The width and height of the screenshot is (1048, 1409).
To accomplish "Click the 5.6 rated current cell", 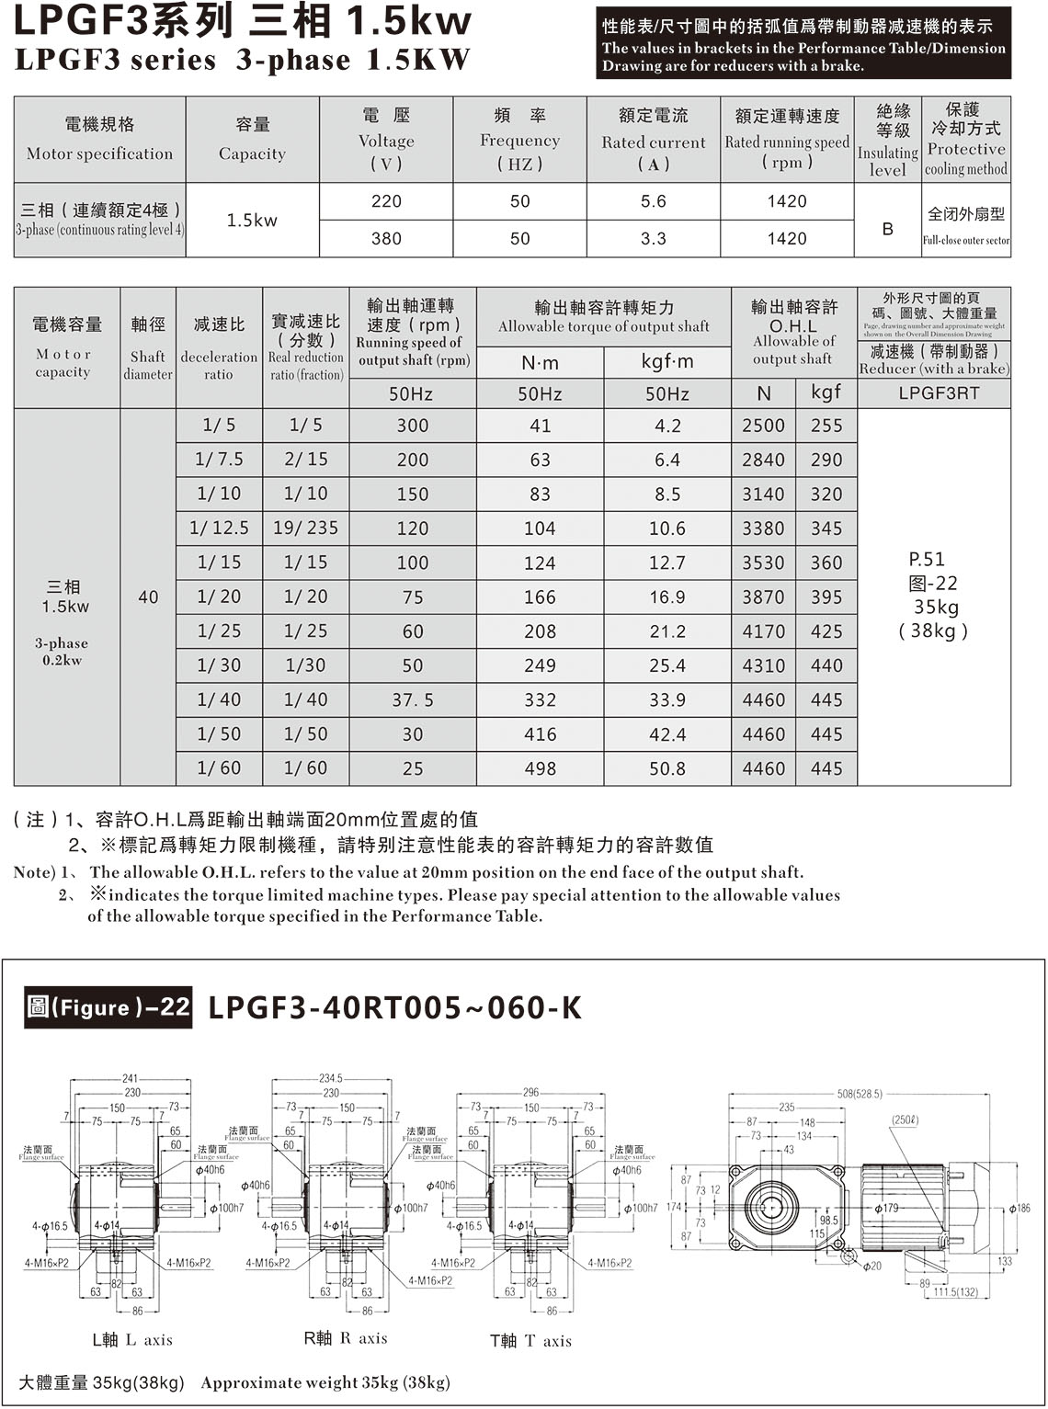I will [653, 201].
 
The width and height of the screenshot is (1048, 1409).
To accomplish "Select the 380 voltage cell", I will [386, 238].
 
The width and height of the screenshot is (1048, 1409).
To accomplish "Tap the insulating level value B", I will [887, 229].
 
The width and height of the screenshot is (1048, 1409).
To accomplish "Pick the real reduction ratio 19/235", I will [305, 528].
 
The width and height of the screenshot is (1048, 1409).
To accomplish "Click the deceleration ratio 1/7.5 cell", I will [219, 459].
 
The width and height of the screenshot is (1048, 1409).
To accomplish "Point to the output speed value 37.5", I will [413, 700].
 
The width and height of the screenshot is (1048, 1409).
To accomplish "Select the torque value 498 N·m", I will [540, 768].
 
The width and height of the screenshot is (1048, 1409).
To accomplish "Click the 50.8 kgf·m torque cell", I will [667, 768].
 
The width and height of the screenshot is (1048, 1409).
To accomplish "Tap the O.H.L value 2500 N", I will [763, 426].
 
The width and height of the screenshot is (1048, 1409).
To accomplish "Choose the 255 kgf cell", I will [826, 426].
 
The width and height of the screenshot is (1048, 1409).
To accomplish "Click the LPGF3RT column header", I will [934, 393].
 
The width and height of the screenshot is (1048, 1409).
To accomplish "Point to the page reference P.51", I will [927, 559].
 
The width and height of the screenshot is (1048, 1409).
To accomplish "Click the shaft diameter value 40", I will [148, 597].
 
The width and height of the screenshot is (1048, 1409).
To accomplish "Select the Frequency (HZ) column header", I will [519, 140].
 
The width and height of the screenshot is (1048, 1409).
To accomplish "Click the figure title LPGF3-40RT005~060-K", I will [395, 1007].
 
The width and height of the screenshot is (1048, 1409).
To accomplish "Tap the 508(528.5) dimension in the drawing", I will [860, 1094].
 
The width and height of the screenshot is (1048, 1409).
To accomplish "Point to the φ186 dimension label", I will [1020, 1208].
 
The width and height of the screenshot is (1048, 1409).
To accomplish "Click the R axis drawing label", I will [346, 1338].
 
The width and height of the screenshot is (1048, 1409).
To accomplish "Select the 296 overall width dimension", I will [531, 1093].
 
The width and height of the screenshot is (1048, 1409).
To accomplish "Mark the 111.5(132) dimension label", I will [956, 1291].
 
